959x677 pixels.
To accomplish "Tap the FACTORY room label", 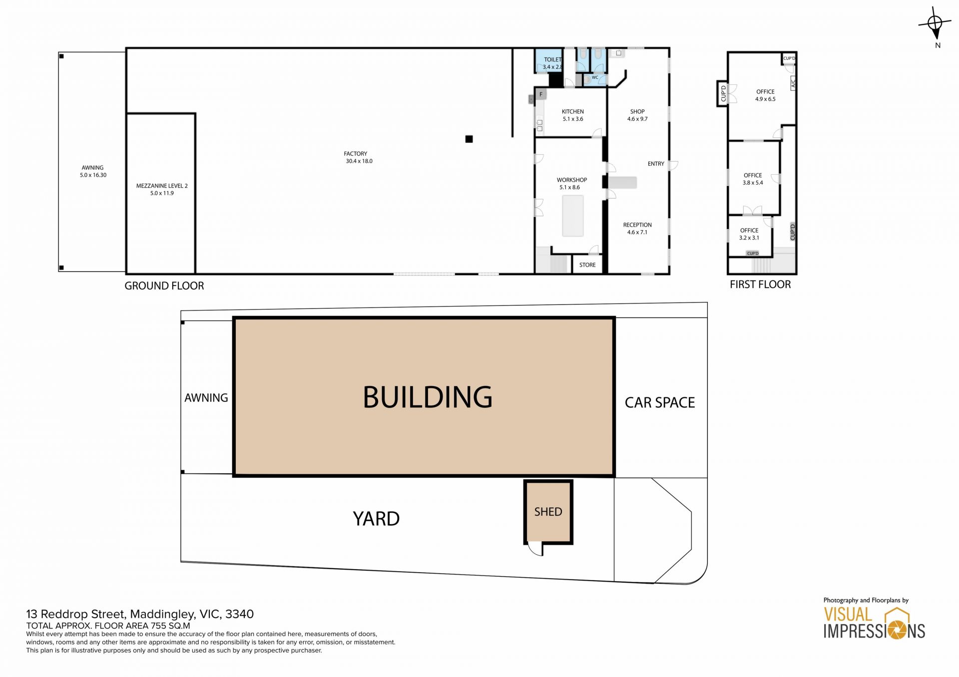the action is tap(359, 157).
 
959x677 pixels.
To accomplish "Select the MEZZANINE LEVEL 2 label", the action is tap(162, 189).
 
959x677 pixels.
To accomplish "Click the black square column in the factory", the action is tap(469, 139).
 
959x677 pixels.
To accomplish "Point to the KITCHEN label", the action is tap(572, 115).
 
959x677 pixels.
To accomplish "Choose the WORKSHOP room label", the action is tap(571, 183).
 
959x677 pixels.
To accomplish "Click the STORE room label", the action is tap(587, 265).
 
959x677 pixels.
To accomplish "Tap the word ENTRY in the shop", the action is tap(656, 164).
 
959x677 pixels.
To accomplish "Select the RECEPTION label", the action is tap(637, 228).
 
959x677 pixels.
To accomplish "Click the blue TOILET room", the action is tap(549, 61).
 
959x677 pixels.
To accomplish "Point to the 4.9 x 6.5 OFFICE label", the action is tap(765, 95).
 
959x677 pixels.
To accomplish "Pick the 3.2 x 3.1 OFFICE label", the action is tap(749, 234).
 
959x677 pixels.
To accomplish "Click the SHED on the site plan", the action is tap(548, 512).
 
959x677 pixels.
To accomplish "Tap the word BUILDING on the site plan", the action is tap(428, 397).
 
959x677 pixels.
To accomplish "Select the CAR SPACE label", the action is tap(660, 402).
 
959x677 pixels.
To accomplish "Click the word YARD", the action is tap(376, 519).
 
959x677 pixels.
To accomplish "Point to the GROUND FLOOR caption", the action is tap(164, 286).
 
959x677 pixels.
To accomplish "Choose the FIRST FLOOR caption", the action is tap(760, 285).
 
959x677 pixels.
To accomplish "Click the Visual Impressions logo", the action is tap(874, 619).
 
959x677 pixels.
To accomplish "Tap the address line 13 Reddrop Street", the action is tap(140, 614).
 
